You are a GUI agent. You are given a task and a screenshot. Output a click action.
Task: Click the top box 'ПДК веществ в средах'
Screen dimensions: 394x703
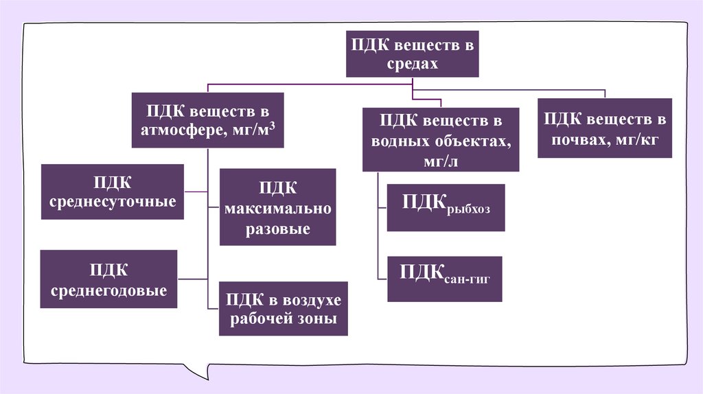click(412, 54)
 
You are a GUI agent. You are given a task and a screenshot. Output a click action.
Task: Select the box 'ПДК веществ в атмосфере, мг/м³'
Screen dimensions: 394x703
click(208, 120)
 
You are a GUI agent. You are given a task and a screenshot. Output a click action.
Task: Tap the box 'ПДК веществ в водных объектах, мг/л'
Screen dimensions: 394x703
click(441, 139)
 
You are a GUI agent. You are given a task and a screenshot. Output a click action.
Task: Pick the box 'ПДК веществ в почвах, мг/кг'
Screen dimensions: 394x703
click(604, 128)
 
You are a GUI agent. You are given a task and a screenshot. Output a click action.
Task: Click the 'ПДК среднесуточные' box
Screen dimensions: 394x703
click(113, 192)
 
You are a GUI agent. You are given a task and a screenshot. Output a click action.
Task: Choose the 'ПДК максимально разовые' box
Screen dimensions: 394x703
click(277, 207)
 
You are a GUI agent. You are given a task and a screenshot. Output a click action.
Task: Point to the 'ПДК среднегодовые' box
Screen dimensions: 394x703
click(109, 279)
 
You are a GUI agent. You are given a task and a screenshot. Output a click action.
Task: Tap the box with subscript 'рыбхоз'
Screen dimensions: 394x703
click(446, 207)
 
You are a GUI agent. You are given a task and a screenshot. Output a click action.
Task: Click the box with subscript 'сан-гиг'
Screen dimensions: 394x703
click(445, 279)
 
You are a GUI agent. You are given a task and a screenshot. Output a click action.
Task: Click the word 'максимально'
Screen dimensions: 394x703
click(277, 208)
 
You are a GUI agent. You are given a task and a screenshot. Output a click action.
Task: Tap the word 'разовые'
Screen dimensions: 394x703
click(277, 229)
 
